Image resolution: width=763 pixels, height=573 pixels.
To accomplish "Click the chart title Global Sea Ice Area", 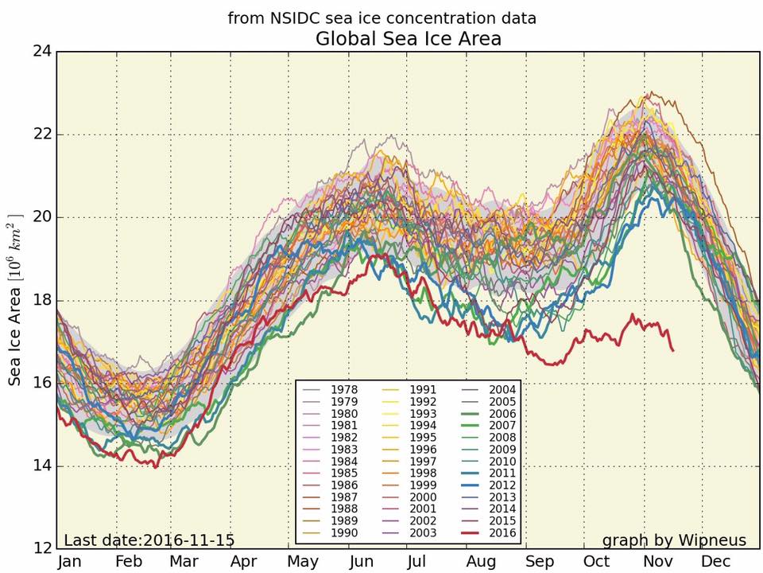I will (409, 38).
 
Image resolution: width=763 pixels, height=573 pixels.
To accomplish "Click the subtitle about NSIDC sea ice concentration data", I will (381, 18).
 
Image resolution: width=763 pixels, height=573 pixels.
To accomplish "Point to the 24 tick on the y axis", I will (42, 52).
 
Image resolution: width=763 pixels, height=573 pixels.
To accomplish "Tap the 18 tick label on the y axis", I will (42, 300).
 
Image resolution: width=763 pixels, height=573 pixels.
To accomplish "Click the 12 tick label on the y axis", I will (42, 548).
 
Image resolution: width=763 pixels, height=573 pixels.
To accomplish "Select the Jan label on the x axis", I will (70, 562).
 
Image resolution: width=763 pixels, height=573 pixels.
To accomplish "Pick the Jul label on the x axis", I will (416, 562).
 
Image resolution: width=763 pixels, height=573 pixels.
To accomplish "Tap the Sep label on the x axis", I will (540, 562).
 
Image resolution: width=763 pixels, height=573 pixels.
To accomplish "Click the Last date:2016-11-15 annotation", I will (149, 540).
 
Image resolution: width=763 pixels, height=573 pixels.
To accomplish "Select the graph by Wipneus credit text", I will (674, 540).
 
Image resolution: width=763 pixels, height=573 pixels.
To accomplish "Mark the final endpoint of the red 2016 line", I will (674, 350).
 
